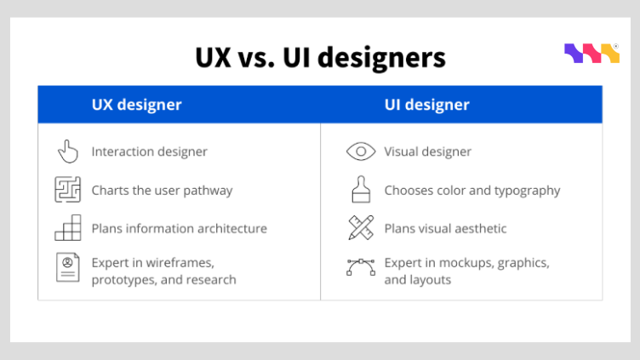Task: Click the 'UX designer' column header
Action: pos(136,105)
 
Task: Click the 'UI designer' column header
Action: pos(426,105)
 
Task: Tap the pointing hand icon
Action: pos(67,151)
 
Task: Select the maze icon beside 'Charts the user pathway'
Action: pos(67,190)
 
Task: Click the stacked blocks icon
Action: pos(67,228)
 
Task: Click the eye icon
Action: pos(361,151)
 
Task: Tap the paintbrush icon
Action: pos(361,189)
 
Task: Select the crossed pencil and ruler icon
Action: pos(361,228)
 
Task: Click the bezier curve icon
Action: pos(361,266)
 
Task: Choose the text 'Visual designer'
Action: pos(427,151)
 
